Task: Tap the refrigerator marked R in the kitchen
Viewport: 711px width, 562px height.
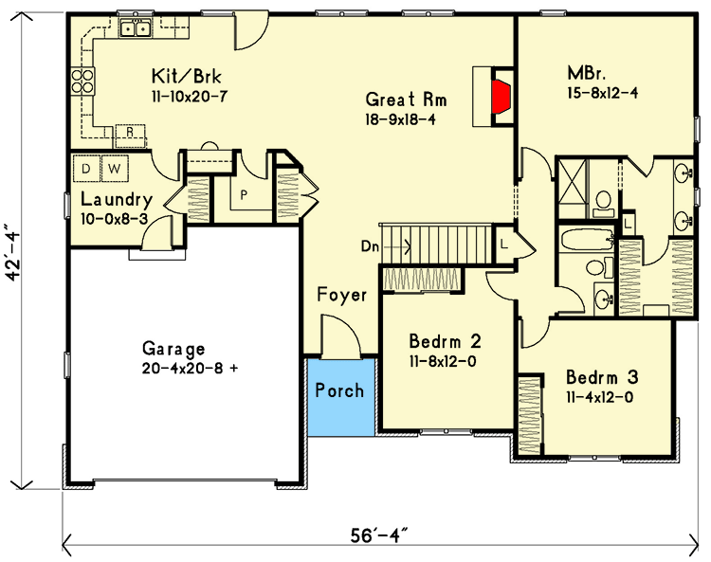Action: (x=131, y=133)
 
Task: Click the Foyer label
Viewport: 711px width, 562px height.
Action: (x=341, y=295)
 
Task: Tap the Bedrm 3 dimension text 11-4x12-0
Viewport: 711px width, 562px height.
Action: (x=598, y=397)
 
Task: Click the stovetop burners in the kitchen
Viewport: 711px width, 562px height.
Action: (x=82, y=82)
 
